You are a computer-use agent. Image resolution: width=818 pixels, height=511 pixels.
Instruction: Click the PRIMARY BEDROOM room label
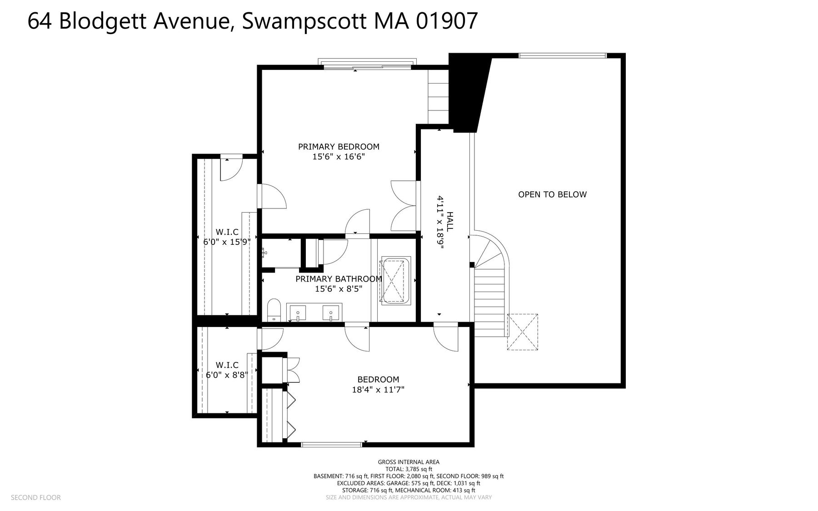click(x=339, y=147)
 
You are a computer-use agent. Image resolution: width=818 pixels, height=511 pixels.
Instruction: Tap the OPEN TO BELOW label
click(x=552, y=194)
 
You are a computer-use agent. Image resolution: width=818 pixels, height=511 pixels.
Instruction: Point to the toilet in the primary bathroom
click(x=274, y=310)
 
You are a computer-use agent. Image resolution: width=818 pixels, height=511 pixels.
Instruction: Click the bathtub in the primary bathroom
click(x=395, y=281)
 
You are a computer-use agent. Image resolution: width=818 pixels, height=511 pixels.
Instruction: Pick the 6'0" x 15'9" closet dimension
click(x=227, y=242)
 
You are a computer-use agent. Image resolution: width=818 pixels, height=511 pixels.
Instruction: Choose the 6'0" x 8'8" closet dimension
click(x=227, y=375)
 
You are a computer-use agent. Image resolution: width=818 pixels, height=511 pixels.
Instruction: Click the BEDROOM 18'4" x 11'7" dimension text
click(x=378, y=389)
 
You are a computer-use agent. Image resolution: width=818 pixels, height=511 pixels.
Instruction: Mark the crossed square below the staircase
click(x=523, y=332)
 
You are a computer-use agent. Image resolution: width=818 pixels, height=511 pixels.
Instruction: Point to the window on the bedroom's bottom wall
click(x=332, y=444)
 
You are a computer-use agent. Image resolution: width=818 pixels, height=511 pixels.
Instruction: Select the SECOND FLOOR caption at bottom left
click(x=35, y=497)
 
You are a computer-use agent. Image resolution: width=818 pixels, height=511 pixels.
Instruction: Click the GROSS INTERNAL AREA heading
click(x=409, y=462)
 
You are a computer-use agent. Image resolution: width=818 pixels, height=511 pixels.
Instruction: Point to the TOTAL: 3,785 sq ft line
click(x=409, y=469)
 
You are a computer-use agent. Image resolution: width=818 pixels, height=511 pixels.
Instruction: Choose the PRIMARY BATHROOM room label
click(x=339, y=279)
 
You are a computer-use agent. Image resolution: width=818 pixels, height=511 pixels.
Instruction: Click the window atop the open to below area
click(x=563, y=55)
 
